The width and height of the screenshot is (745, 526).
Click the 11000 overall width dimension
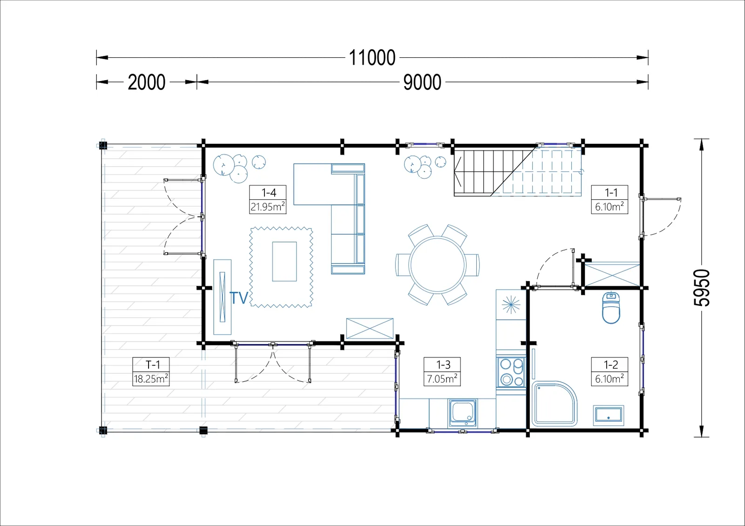372,58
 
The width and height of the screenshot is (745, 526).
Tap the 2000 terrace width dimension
146,82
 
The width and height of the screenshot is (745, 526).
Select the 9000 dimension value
422,82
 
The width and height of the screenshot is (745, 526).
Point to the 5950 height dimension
702,288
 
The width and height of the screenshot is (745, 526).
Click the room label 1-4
269,193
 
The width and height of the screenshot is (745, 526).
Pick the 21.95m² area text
268,207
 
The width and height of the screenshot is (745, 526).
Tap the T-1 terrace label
153,365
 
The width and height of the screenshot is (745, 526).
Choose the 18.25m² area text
151,379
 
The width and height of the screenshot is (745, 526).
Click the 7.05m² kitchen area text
442,379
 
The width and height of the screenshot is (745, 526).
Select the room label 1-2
611,365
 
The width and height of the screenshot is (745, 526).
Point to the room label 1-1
611,193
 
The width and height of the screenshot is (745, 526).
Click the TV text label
239,298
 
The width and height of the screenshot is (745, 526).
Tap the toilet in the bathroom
611,308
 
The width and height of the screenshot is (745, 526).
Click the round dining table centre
438,265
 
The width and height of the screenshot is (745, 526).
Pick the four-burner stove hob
511,372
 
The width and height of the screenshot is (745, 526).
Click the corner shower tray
554,404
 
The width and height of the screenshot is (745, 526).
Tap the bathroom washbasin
608,415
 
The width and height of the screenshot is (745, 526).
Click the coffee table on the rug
284,262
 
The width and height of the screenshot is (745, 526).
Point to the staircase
517,172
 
